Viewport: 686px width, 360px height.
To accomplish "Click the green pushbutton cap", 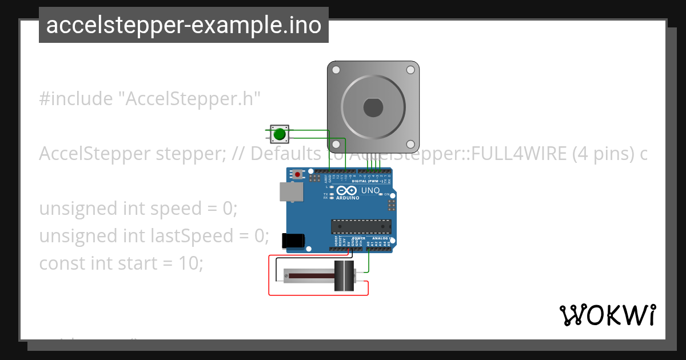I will pyautogui.click(x=279, y=134).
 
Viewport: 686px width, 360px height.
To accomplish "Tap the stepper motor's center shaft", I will pyautogui.click(x=373, y=107).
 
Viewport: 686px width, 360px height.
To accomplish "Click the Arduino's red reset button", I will pyautogui.click(x=298, y=174).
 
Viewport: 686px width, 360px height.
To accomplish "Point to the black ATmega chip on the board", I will pyautogui.click(x=361, y=226).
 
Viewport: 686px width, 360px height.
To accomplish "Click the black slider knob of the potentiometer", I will pyautogui.click(x=344, y=276).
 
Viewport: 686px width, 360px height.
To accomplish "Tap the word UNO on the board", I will pyautogui.click(x=370, y=190).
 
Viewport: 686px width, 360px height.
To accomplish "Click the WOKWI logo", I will pyautogui.click(x=607, y=314).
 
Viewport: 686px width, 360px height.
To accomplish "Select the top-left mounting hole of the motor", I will pyautogui.click(x=337, y=70).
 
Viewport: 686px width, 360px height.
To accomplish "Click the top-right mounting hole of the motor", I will pyautogui.click(x=410, y=70).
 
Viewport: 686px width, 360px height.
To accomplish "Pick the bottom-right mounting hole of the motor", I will pyautogui.click(x=410, y=144).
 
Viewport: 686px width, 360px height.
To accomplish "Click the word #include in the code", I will pyautogui.click(x=76, y=99).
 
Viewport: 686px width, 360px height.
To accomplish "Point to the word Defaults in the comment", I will pyautogui.click(x=285, y=154).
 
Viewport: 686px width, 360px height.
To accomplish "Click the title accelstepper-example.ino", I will pyautogui.click(x=184, y=25).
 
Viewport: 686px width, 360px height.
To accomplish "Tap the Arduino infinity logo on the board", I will pyautogui.click(x=347, y=191).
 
